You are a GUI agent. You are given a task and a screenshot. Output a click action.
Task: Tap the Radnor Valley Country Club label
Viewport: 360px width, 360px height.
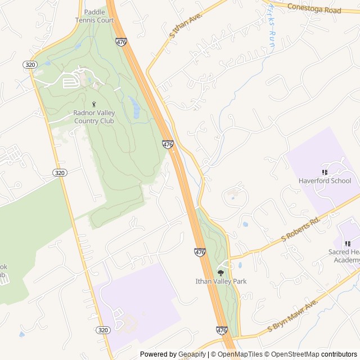click(x=94, y=116)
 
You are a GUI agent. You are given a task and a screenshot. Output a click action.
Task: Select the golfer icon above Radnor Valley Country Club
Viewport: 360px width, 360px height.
click(x=94, y=104)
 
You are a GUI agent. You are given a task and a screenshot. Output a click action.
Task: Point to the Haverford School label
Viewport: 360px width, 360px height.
click(x=325, y=181)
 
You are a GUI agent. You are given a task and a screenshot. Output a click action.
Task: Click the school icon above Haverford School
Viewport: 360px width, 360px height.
click(x=325, y=172)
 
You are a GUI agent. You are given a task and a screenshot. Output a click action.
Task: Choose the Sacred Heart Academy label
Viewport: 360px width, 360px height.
click(x=344, y=256)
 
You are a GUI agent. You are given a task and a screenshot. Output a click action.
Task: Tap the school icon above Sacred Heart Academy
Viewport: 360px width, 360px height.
click(x=348, y=244)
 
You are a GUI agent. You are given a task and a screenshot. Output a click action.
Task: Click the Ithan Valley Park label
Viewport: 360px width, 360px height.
click(x=221, y=281)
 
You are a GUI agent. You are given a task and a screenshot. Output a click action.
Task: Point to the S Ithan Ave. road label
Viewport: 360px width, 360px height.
click(x=185, y=26)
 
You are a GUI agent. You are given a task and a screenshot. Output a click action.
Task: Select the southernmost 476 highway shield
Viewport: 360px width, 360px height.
click(x=222, y=330)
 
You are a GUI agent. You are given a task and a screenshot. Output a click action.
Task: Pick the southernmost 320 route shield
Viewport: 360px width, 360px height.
click(x=102, y=330)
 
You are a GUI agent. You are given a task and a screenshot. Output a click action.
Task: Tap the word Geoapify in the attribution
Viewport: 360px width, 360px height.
click(x=192, y=354)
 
